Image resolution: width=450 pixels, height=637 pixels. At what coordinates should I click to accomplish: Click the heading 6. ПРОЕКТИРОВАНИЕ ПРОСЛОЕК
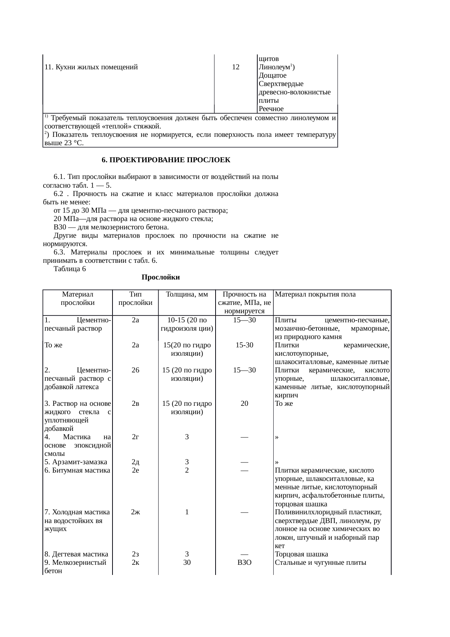pyautogui.click(x=166, y=160)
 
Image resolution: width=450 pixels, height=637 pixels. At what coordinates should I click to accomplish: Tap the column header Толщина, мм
pyautogui.click(x=187, y=294)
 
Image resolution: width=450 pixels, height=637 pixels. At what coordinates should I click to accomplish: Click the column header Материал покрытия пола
pyautogui.click(x=315, y=294)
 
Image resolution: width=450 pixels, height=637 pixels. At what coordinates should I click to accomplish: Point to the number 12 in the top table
pyautogui.click(x=236, y=67)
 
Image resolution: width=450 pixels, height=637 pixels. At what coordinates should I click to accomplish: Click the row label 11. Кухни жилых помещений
pyautogui.click(x=91, y=67)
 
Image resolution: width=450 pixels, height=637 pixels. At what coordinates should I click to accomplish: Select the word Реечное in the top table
pyautogui.click(x=271, y=109)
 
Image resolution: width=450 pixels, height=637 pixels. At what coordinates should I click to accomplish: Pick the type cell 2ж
pyautogui.click(x=135, y=512)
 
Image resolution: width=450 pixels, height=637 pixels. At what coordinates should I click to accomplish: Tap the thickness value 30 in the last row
pyautogui.click(x=187, y=563)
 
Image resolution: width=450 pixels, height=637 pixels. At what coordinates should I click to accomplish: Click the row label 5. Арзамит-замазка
pyautogui.click(x=75, y=462)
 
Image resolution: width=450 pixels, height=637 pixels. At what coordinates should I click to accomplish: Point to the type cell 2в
pyautogui.click(x=135, y=404)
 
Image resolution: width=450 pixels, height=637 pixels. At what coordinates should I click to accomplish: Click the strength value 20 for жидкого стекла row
pyautogui.click(x=244, y=404)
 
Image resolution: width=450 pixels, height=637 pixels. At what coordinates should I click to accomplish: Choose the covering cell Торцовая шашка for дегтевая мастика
pyautogui.click(x=302, y=554)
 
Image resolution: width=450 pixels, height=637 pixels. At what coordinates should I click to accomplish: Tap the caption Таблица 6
pyautogui.click(x=70, y=269)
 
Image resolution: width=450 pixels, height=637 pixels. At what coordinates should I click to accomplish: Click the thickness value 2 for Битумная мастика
pyautogui.click(x=187, y=470)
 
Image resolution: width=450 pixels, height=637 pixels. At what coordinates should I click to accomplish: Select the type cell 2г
pyautogui.click(x=135, y=437)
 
